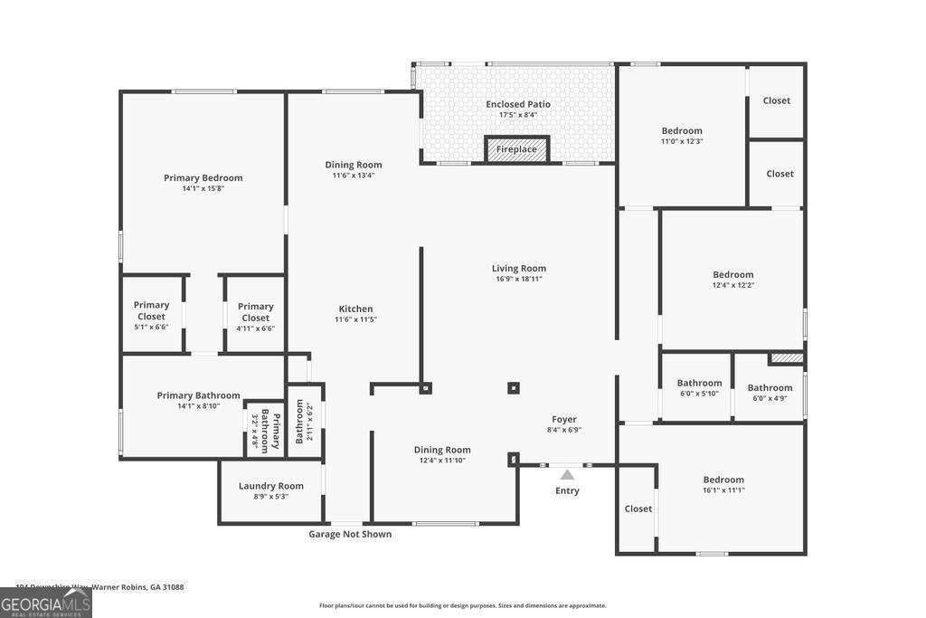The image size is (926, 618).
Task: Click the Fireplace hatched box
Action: coord(516,149)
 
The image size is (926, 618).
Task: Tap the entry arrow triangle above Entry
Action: coord(567,474)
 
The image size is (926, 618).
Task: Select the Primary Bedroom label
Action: coord(203,178)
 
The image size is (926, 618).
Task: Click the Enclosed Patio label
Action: coord(517,104)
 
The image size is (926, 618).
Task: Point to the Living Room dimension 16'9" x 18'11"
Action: coord(519,279)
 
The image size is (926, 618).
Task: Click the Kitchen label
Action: coord(355,309)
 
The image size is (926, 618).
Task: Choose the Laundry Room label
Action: coord(270,486)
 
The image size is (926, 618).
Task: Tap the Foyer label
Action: coord(564,419)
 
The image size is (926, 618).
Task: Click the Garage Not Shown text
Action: coord(350,534)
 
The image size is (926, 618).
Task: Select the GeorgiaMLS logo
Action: coord(46,604)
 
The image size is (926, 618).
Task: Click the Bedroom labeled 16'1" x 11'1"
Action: coord(723,480)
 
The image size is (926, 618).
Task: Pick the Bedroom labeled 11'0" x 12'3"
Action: coord(682,131)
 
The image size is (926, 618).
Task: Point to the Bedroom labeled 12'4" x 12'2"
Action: coord(732,274)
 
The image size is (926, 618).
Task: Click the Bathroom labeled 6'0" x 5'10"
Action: coord(699,383)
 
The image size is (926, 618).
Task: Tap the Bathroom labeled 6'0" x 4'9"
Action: coord(770,388)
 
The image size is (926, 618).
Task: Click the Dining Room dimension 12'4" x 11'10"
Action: coord(442,461)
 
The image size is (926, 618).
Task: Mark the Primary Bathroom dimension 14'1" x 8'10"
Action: coord(198,406)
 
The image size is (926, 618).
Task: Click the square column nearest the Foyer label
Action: coord(513,388)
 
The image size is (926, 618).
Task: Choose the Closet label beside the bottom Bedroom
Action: coord(638,509)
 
